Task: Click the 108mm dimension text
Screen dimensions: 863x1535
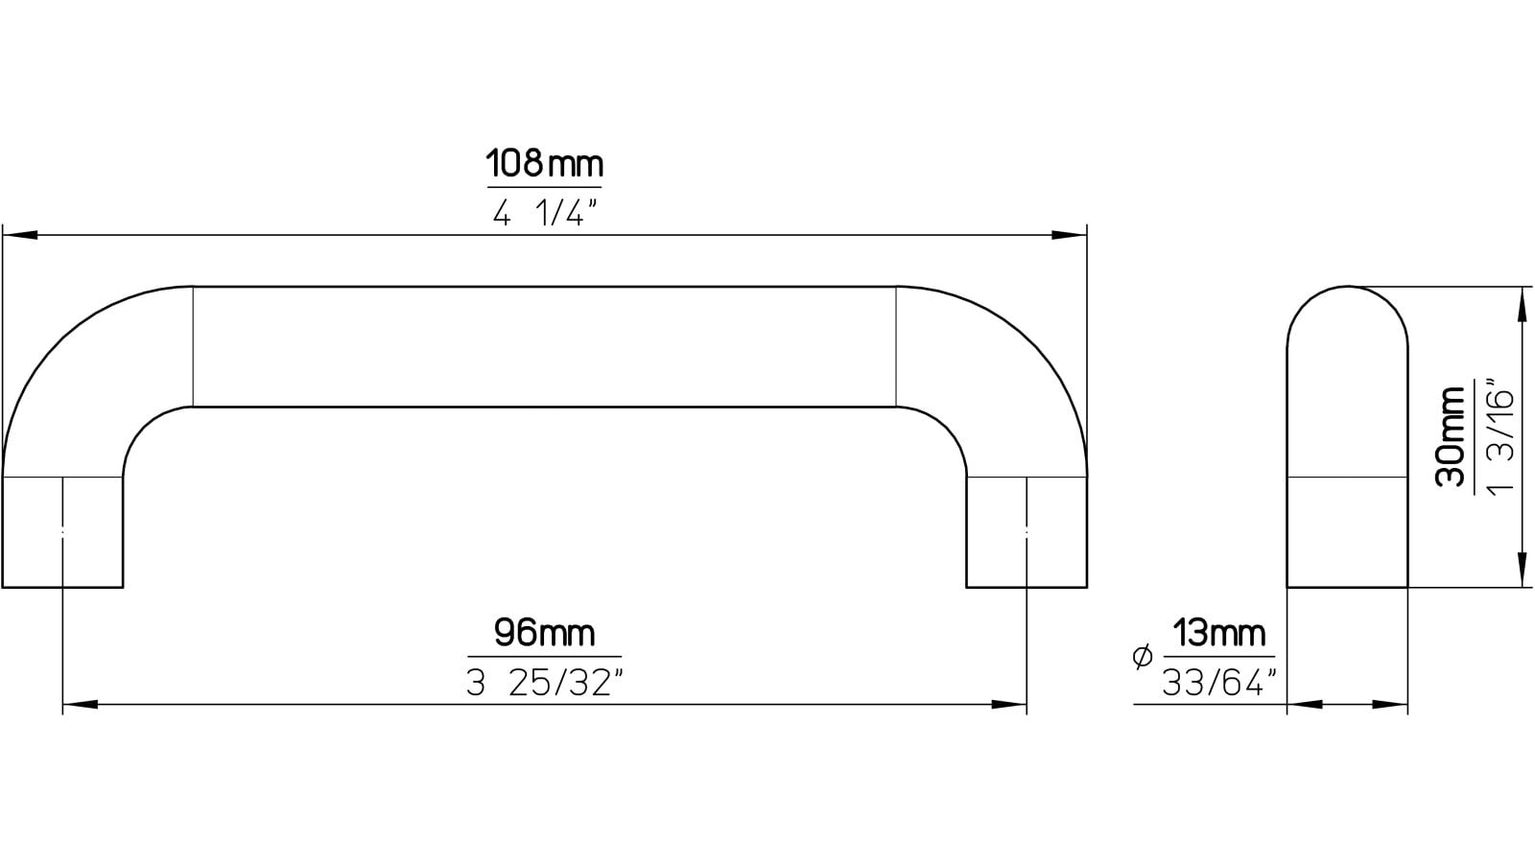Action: [544, 163]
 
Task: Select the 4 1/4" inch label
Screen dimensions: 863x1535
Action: [544, 213]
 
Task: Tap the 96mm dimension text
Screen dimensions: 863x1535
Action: [544, 633]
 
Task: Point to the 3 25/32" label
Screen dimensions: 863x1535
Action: [544, 684]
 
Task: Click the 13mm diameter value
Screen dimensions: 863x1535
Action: [1219, 634]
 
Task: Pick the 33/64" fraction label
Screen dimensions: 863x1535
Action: [1219, 683]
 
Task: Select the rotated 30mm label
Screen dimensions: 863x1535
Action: [1452, 436]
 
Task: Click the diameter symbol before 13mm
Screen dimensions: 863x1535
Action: [1142, 657]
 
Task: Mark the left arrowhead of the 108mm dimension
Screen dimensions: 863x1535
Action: [19, 235]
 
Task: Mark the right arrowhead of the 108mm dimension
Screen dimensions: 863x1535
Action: [1070, 235]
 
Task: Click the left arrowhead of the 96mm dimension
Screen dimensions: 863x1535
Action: [80, 705]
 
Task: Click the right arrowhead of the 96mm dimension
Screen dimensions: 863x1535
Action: [1009, 705]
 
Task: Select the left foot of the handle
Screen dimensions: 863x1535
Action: [63, 532]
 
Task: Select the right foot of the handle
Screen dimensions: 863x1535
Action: [1027, 532]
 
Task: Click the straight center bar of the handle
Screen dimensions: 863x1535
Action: [544, 346]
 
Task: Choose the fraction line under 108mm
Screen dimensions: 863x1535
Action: [544, 187]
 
